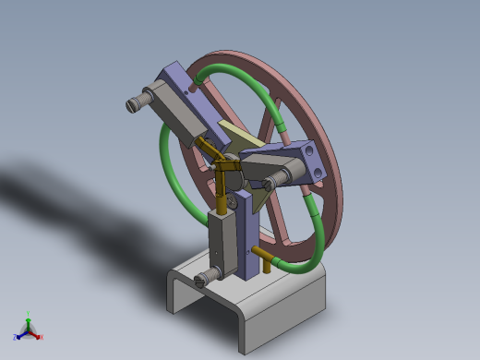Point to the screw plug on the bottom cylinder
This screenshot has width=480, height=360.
(208, 274)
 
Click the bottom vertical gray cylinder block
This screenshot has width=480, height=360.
(222, 242)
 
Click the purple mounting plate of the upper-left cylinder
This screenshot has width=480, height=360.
(180, 78)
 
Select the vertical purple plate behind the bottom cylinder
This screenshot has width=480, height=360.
(246, 231)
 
